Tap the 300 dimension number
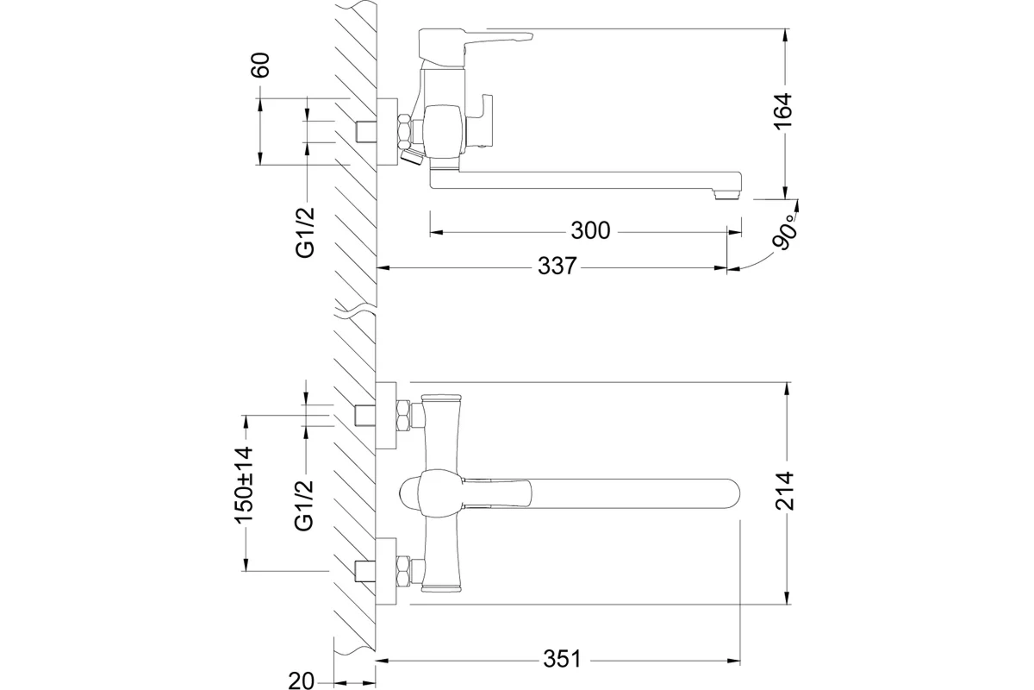[x=590, y=231]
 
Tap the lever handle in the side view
[x=483, y=37]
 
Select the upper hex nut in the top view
[x=402, y=417]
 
